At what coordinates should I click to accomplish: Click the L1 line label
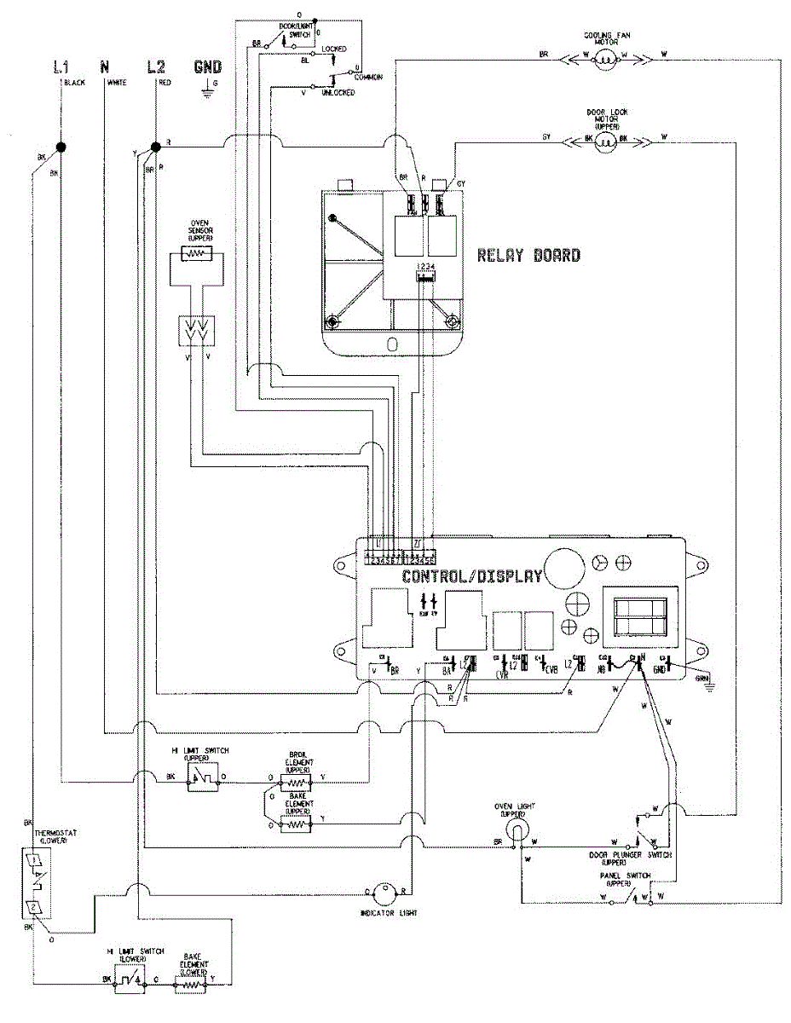click(61, 66)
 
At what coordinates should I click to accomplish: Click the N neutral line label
click(105, 66)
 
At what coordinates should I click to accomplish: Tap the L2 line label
click(158, 66)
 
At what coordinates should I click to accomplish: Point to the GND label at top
click(207, 66)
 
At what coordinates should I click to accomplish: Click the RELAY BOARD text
click(528, 255)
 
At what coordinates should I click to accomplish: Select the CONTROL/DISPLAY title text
click(472, 576)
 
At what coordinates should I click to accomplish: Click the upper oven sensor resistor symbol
click(195, 254)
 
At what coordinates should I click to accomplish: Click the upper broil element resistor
click(295, 779)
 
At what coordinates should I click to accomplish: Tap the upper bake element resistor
click(295, 824)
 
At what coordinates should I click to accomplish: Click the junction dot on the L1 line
click(61, 147)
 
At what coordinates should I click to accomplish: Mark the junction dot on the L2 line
click(155, 147)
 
